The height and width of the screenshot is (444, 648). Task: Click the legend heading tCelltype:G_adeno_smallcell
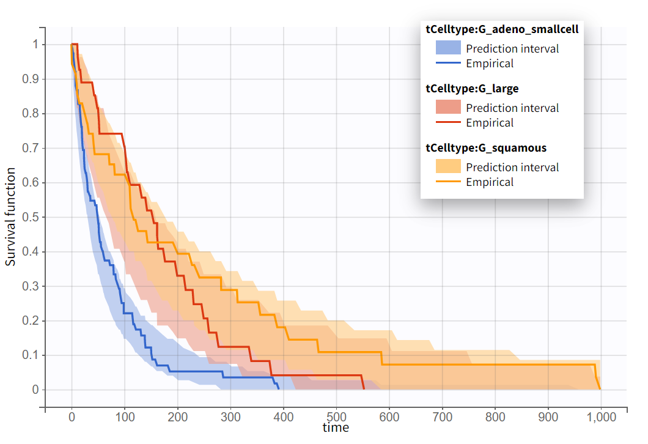point(502,29)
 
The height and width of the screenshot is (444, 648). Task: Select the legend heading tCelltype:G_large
point(472,88)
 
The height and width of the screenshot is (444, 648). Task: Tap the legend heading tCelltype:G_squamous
point(486,147)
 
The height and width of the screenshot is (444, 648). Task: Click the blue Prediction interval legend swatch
point(448,48)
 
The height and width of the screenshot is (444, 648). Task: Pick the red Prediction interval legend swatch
point(448,107)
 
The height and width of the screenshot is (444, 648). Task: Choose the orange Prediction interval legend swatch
point(448,166)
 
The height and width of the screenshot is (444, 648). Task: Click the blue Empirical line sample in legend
point(448,62)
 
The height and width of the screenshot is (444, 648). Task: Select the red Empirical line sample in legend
point(448,122)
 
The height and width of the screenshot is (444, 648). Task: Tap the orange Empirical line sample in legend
point(448,181)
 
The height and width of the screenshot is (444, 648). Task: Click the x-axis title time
point(336,427)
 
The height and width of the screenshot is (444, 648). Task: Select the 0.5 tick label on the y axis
point(30,217)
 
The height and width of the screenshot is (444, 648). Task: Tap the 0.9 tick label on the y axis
point(30,79)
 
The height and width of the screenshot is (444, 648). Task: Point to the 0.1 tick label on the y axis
point(30,355)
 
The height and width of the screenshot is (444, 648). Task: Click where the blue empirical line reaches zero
point(279,389)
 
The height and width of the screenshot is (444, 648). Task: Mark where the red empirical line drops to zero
point(364,389)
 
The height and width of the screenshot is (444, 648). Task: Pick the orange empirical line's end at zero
point(600,389)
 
